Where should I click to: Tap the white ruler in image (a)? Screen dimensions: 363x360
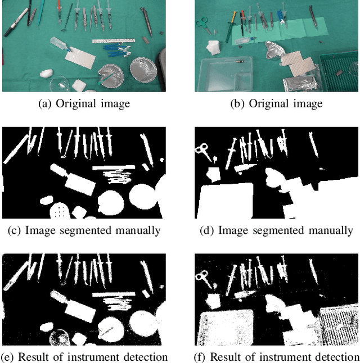coord(115,41)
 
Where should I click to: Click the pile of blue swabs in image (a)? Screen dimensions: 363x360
coord(116,52)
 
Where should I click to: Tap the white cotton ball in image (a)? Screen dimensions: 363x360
coord(46,73)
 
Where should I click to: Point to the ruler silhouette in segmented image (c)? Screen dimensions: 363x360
coord(115,167)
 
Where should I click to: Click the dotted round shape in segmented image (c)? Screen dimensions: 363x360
coord(59,211)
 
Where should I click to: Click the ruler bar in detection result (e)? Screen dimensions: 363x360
coord(115,294)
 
